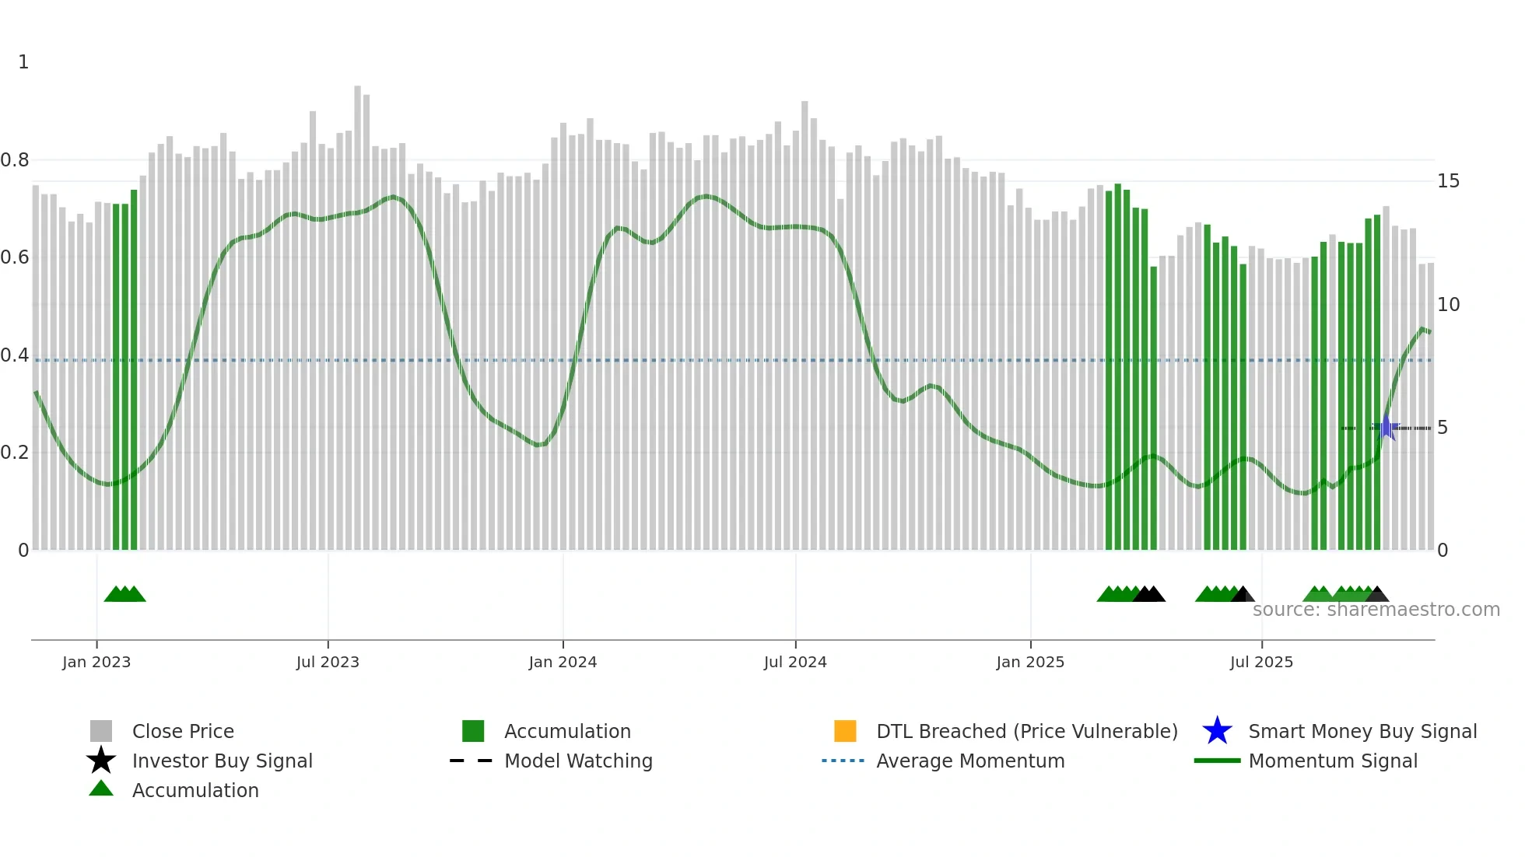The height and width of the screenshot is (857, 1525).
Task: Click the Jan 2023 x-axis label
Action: click(96, 662)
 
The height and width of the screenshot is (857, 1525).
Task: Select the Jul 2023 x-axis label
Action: click(328, 662)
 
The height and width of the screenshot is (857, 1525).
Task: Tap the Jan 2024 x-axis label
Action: click(563, 662)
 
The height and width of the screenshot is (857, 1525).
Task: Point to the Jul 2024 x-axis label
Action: click(795, 662)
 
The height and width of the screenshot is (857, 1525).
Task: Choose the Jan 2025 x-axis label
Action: click(1030, 662)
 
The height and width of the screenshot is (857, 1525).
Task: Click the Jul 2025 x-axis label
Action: click(1261, 662)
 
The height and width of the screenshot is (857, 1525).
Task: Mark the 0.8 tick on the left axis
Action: click(15, 160)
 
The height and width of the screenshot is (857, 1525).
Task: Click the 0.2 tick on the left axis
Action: click(15, 453)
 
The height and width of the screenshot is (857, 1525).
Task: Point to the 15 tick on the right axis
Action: click(1448, 181)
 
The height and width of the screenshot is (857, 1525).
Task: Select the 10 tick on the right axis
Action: click(1448, 305)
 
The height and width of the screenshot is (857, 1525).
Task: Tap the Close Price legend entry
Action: click(183, 731)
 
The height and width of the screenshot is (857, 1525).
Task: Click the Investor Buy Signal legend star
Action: click(101, 761)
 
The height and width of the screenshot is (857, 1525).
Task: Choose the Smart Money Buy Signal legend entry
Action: click(1362, 731)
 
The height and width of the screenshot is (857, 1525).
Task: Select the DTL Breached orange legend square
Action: click(845, 731)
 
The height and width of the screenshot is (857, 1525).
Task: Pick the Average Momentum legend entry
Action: click(969, 761)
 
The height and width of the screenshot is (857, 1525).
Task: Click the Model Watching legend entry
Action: click(577, 761)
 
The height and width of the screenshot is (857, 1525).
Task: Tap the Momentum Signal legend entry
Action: click(1332, 761)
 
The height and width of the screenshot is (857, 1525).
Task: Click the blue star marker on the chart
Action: click(1386, 428)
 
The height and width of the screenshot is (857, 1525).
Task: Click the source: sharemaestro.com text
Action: click(1376, 610)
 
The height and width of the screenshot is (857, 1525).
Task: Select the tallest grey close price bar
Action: click(357, 311)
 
